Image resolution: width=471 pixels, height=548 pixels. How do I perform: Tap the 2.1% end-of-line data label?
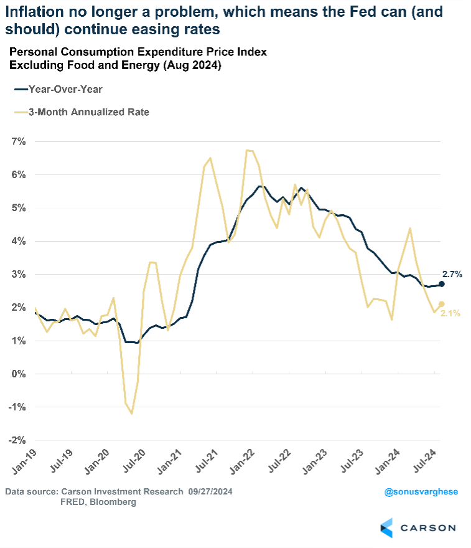(x=450, y=313)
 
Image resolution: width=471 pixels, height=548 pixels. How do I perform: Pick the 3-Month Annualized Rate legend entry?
(x=81, y=112)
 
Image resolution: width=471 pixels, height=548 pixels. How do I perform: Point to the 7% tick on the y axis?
(x=18, y=142)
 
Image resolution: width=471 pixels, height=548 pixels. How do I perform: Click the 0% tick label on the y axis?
(x=18, y=374)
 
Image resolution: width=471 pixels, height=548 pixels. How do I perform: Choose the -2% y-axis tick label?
(x=17, y=440)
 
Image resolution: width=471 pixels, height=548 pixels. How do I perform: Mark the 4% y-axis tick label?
(x=18, y=241)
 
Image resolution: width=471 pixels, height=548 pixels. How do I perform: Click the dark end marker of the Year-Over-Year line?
(x=441, y=284)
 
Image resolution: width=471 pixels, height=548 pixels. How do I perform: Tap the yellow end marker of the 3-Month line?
(x=441, y=304)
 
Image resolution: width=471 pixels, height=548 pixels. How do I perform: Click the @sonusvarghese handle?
(x=421, y=492)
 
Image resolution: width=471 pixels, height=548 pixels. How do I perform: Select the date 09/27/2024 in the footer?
(x=211, y=492)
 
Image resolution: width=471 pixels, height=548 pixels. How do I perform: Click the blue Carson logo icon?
(x=386, y=527)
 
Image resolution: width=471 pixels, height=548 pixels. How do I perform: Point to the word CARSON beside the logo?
(x=428, y=528)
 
